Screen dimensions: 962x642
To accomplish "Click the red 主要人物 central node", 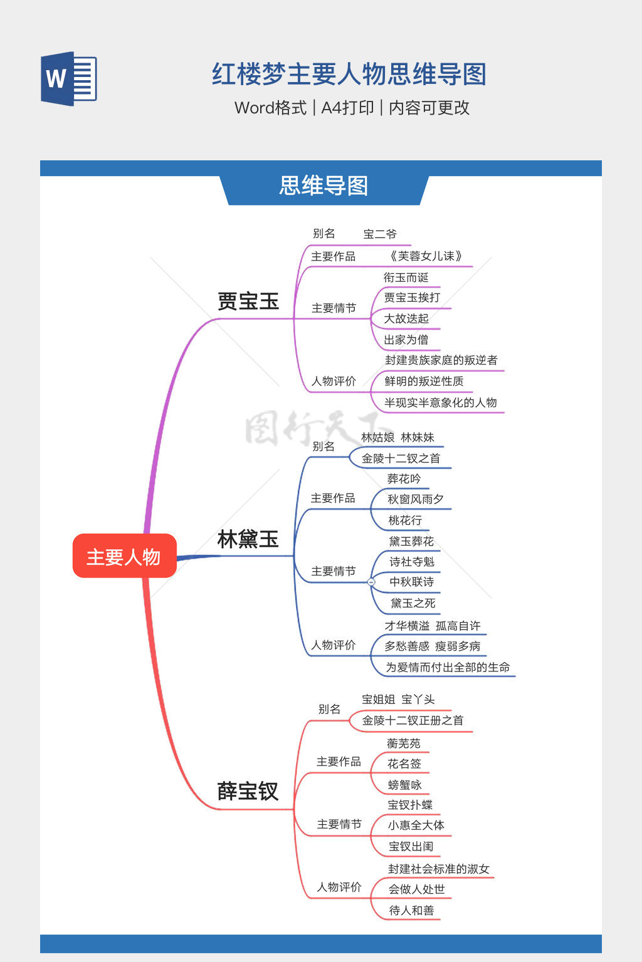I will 124,556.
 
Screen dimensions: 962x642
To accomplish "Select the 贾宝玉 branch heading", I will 248,301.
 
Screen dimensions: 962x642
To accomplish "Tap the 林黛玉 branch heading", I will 248,539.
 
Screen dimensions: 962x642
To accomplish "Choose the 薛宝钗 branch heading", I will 248,792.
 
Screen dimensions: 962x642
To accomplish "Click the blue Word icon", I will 69,79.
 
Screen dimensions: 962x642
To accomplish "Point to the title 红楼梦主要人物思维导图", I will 349,75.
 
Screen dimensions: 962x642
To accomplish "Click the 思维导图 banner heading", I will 324,186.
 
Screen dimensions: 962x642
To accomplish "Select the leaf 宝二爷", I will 380,234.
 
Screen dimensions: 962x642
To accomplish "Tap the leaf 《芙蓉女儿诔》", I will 426,256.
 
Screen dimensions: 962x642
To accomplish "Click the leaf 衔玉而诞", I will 406,277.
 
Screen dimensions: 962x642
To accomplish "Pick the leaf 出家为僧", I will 406,339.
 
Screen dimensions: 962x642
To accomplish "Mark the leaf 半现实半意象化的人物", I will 441,403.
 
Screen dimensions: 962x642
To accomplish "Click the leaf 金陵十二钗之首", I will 401,458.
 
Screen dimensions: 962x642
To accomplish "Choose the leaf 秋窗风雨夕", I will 416,499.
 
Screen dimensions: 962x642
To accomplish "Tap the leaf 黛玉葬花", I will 411,541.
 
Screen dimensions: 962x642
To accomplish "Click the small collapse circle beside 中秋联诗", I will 371,582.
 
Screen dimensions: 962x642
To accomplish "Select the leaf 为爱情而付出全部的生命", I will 448,668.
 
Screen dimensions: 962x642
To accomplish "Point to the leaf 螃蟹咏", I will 405,785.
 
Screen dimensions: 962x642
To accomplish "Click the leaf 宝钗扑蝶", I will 410,805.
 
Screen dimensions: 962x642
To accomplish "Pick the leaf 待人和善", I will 411,910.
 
